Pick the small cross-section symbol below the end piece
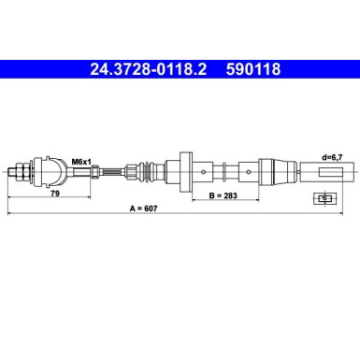click(x=324, y=198)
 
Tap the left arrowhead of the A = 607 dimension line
click(x=9, y=214)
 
